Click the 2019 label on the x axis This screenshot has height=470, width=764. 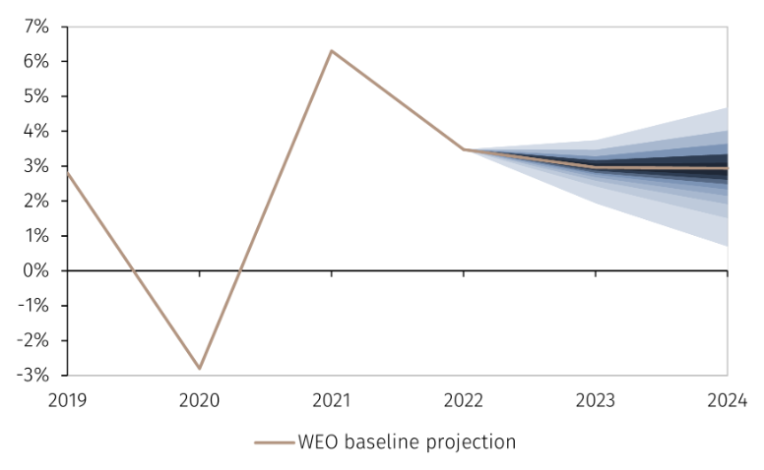coord(67,401)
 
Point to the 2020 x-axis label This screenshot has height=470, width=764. coord(199,401)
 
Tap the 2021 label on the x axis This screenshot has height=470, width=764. coord(331,401)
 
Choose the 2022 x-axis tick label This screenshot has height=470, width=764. coord(463,401)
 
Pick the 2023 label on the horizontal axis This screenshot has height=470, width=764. coord(595,401)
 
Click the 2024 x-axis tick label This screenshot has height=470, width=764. coord(727,401)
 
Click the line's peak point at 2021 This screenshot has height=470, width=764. coord(331,50)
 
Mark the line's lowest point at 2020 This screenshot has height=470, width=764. coord(199,369)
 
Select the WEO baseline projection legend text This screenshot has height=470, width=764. coord(406,442)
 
